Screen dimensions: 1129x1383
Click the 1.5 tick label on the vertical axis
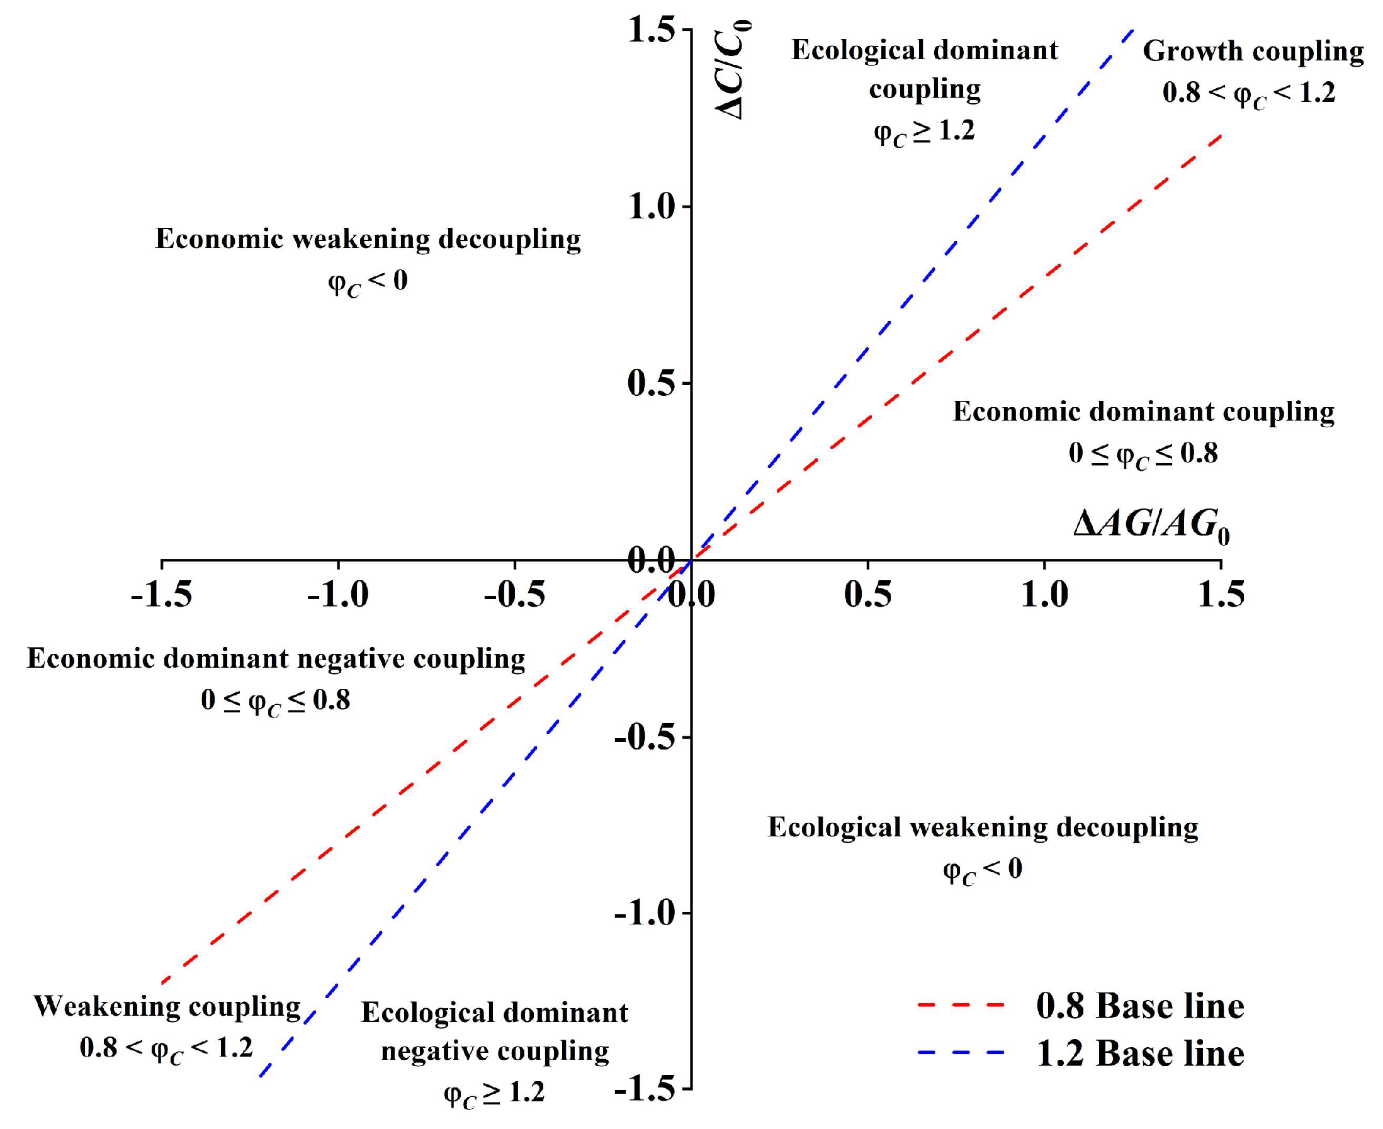click(x=651, y=30)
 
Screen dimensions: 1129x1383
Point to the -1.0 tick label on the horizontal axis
click(x=337, y=595)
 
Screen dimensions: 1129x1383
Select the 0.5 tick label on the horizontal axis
click(x=867, y=595)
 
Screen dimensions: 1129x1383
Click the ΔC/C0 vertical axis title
click(x=733, y=70)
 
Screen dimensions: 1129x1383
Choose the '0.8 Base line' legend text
click(x=1140, y=1006)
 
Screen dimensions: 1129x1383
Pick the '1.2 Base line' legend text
click(x=1140, y=1053)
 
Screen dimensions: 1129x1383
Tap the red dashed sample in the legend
click(x=961, y=1006)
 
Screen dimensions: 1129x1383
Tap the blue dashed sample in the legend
click(x=961, y=1053)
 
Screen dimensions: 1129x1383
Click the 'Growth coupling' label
click(x=1253, y=52)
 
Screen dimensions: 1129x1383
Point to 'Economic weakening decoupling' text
click(x=368, y=239)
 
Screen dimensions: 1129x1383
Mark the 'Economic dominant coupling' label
click(x=1144, y=412)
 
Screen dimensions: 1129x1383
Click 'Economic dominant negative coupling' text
click(x=276, y=659)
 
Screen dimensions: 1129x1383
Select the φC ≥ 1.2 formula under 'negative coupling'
click(x=494, y=1094)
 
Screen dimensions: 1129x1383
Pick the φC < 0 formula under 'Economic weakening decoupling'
click(x=368, y=282)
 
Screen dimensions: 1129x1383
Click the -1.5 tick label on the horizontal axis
click(x=161, y=595)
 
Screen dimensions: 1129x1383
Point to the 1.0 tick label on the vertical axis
click(x=651, y=207)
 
